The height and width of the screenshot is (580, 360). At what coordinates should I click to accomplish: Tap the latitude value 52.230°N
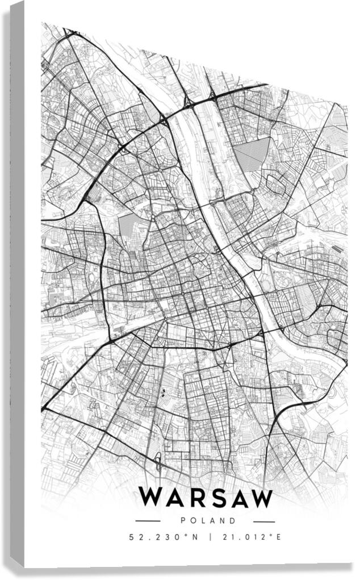coord(164,537)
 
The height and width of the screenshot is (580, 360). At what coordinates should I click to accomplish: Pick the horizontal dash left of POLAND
coord(148,521)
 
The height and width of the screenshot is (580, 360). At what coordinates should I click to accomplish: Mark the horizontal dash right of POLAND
coord(263,521)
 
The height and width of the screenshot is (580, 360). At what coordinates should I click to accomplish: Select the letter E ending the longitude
coord(279,537)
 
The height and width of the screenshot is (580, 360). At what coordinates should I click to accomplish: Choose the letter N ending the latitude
coord(195,537)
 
